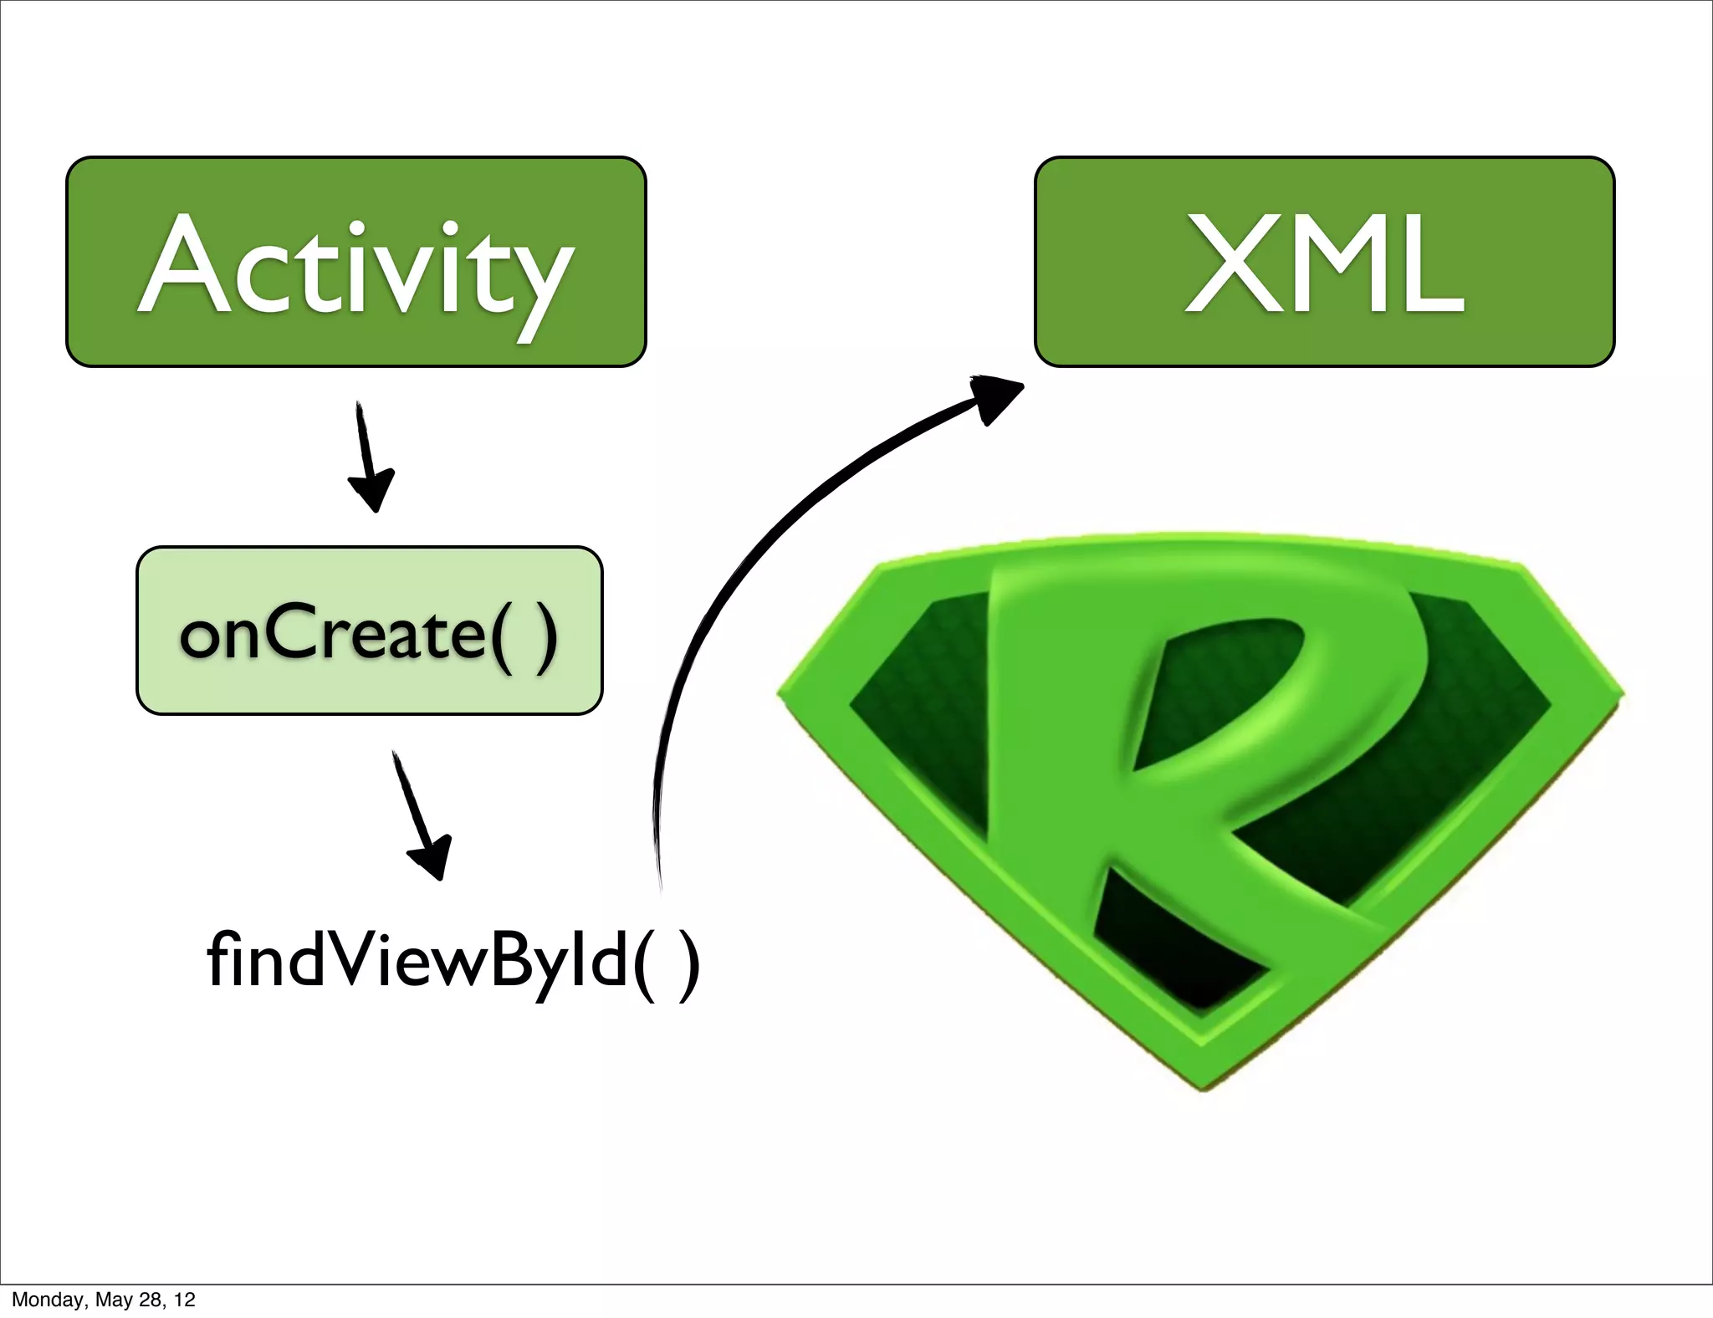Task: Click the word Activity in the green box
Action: pyautogui.click(x=355, y=268)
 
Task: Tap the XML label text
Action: pyautogui.click(x=1324, y=264)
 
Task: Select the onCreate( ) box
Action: pyautogui.click(x=369, y=631)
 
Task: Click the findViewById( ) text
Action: pyautogui.click(x=453, y=962)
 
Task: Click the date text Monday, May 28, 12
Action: pyautogui.click(x=103, y=1300)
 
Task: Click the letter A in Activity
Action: pyautogui.click(x=186, y=266)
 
